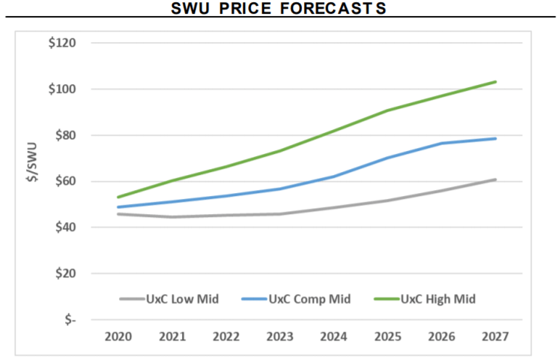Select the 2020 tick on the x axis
click(x=118, y=337)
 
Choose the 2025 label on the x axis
click(x=387, y=337)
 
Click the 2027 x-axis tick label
click(x=495, y=337)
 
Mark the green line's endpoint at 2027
click(x=495, y=82)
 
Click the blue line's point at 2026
click(x=441, y=143)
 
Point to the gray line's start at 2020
click(x=118, y=214)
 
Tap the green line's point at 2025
click(x=387, y=110)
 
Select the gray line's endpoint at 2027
click(x=495, y=179)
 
